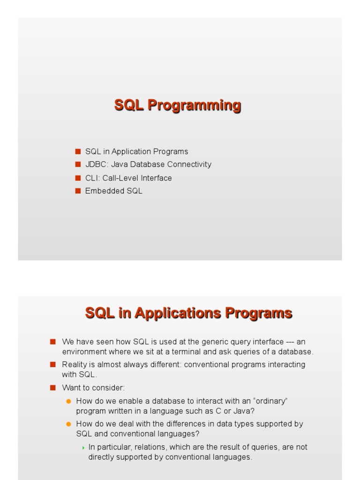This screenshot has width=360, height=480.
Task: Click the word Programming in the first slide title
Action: click(194, 105)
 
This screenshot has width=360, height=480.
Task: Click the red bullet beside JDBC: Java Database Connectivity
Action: click(78, 165)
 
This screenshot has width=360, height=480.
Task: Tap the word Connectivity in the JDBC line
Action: click(190, 165)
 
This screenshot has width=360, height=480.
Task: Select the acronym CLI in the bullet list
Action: click(91, 178)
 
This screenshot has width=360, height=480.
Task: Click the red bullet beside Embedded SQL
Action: click(78, 191)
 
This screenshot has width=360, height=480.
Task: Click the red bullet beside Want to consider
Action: click(52, 388)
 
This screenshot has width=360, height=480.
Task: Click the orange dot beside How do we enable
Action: click(68, 401)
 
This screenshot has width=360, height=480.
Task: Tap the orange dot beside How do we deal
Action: click(68, 424)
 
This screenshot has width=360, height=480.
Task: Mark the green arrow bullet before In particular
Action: click(83, 448)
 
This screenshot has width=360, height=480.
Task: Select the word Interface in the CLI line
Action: click(156, 178)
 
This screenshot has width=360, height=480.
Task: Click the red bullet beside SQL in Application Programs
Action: click(78, 151)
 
